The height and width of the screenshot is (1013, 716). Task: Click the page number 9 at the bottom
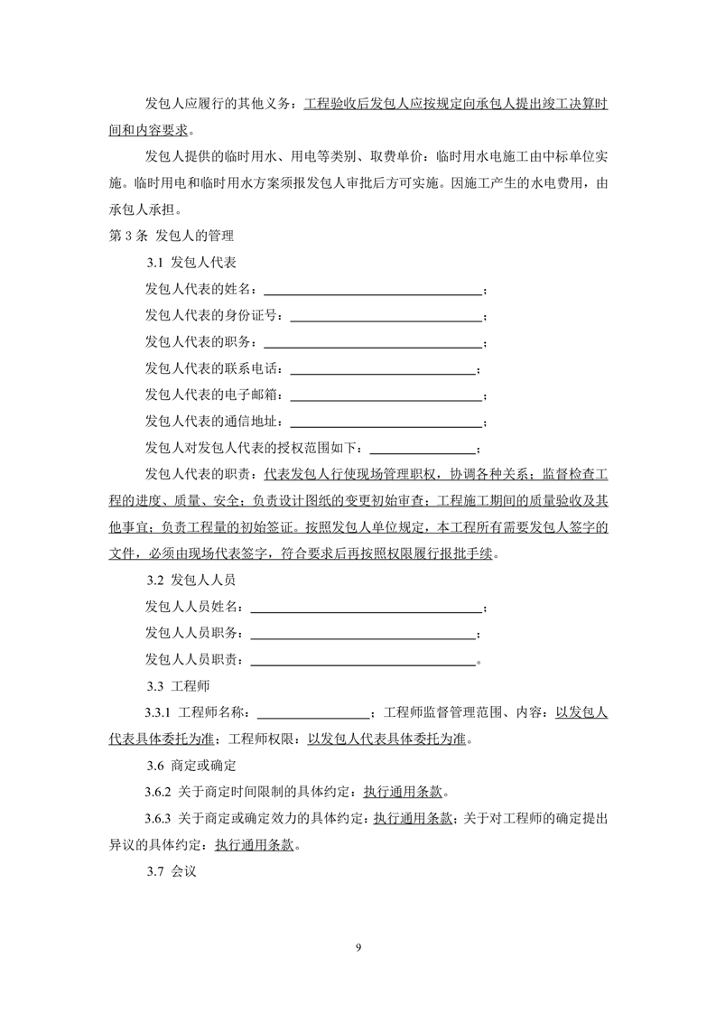(x=358, y=947)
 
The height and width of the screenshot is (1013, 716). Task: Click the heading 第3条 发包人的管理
(x=171, y=237)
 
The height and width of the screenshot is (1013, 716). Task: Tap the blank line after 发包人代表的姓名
(x=372, y=293)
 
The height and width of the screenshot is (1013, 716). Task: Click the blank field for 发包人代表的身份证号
(x=386, y=319)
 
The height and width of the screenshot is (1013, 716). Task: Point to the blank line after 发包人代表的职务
(x=372, y=345)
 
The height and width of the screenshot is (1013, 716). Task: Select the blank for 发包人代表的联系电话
(x=382, y=371)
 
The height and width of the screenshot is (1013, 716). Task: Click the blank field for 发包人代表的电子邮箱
(x=386, y=397)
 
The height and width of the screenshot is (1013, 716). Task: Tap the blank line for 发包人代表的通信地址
(x=386, y=423)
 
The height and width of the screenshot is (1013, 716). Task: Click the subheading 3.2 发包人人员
(x=191, y=581)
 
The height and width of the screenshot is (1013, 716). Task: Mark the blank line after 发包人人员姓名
(x=366, y=609)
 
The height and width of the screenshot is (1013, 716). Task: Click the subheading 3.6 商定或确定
(x=191, y=767)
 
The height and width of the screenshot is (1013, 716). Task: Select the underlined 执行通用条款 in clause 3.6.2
(x=404, y=794)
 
